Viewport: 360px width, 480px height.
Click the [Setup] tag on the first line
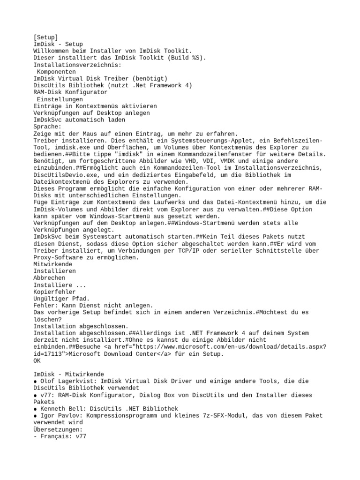(45, 37)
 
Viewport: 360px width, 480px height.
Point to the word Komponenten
(56, 72)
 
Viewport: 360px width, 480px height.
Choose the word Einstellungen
(60, 99)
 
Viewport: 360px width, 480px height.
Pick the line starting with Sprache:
(47, 127)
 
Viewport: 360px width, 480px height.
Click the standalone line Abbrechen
(49, 278)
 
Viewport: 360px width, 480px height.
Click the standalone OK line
(37, 360)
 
